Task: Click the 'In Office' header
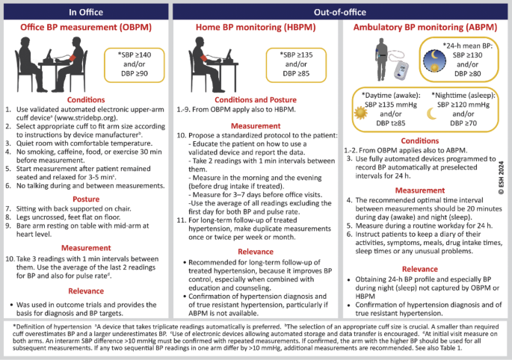pyautogui.click(x=85, y=11)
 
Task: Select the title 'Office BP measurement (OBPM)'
pyautogui.click(x=85, y=28)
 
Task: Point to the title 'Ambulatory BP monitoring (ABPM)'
pyautogui.click(x=424, y=28)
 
